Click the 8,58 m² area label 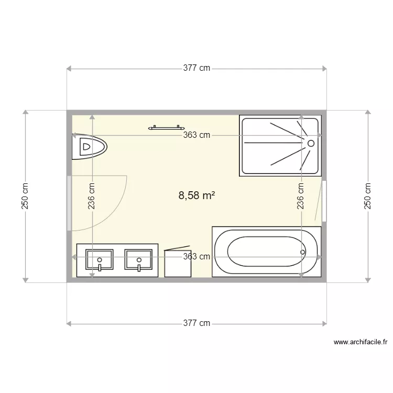click(196, 196)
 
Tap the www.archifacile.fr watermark click(361, 342)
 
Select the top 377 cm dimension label click(196, 68)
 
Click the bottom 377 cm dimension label click(196, 323)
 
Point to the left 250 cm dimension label click(25, 196)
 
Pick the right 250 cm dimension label click(367, 196)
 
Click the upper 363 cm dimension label click(196, 135)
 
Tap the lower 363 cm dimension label click(196, 257)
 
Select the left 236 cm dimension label click(92, 196)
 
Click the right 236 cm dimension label click(301, 196)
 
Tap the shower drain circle click(311, 143)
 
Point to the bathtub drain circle click(302, 252)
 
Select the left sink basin click(99, 259)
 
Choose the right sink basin click(138, 259)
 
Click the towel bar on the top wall click(167, 127)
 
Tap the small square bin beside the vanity click(178, 263)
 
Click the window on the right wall click(324, 201)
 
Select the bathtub click(266, 252)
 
